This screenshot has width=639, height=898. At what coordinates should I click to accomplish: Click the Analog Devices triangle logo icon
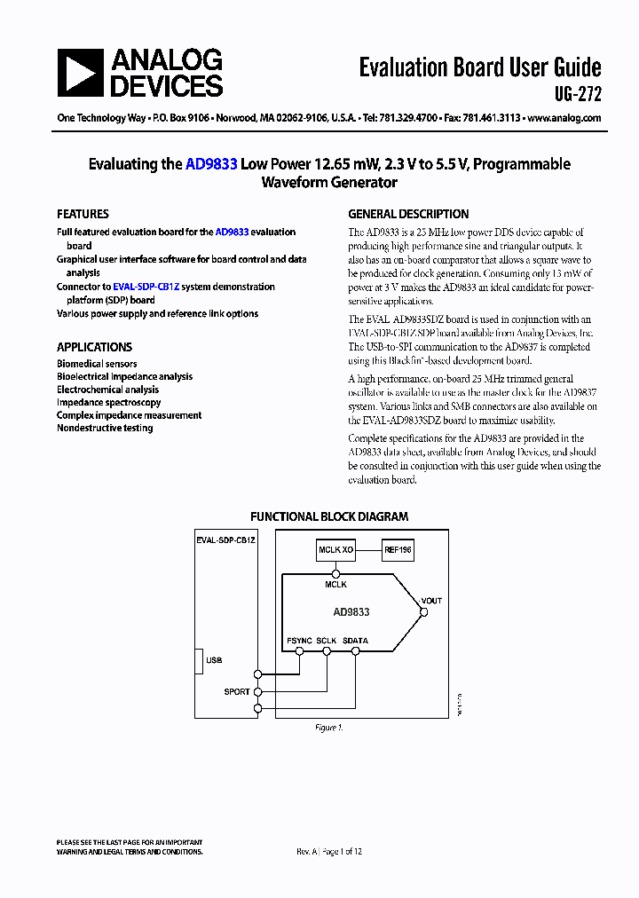[81, 73]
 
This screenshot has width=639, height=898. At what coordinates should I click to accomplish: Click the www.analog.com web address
[564, 118]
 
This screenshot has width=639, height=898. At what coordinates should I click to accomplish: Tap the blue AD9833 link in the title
[210, 164]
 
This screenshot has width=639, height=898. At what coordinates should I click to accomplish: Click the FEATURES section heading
[83, 214]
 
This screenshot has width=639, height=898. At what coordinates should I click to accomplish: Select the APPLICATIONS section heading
[94, 347]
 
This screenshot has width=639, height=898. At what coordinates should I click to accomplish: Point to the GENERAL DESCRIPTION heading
[408, 214]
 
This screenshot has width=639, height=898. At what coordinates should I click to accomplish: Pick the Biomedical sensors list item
[97, 364]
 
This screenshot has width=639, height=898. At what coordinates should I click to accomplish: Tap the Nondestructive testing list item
[105, 428]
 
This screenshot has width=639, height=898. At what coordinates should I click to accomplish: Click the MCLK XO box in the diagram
[336, 550]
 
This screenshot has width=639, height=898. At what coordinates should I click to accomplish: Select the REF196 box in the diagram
[397, 550]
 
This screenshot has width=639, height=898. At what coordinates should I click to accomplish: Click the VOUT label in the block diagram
[431, 601]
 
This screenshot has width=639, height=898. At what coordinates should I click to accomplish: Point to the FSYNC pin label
[299, 640]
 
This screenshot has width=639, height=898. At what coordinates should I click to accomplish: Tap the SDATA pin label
[355, 640]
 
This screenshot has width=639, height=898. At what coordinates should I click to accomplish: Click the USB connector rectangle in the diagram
[199, 661]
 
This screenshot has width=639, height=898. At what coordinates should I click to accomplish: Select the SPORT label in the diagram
[236, 692]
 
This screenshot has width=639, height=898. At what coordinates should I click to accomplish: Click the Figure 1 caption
[328, 728]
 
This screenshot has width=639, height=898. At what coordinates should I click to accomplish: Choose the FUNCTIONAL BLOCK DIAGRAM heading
[328, 516]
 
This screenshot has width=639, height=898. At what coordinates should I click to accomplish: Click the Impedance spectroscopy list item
[108, 402]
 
